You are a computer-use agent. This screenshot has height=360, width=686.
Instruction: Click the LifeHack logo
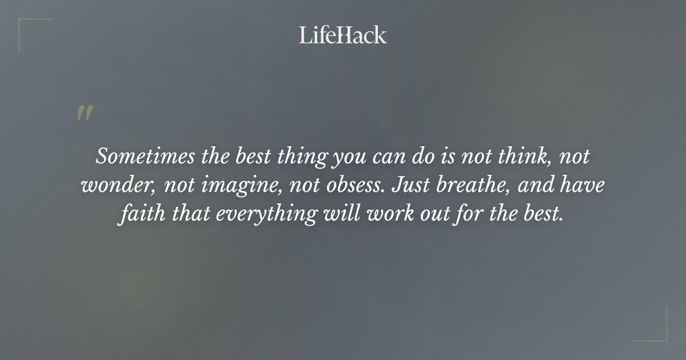click(x=342, y=35)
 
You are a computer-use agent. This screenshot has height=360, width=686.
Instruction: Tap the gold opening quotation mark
click(x=84, y=114)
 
